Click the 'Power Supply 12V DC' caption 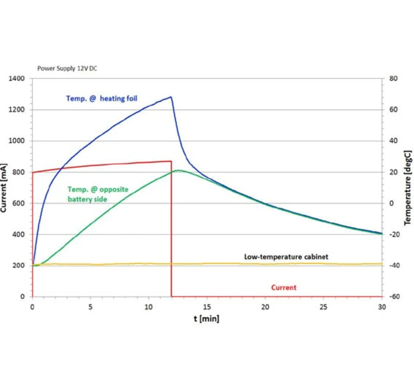[67, 68]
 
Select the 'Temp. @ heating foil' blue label [102, 98]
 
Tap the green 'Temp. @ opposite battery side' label [98, 194]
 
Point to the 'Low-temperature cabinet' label [286, 257]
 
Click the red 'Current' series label [284, 288]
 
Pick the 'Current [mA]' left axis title [4, 188]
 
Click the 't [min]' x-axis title [206, 319]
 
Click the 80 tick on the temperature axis [393, 79]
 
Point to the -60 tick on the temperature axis [393, 296]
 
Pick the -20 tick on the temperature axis [393, 234]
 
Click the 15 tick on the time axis [207, 307]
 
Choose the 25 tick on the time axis [323, 307]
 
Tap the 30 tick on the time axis [382, 307]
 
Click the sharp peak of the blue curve [170, 97]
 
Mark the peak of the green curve [178, 170]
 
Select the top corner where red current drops [171, 161]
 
